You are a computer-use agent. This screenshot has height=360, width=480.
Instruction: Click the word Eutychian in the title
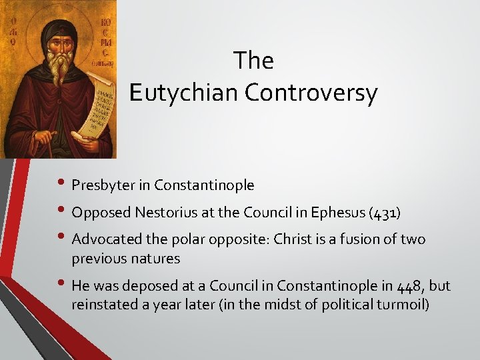click(x=184, y=93)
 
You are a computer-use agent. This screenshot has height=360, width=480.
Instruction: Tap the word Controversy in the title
click(x=311, y=93)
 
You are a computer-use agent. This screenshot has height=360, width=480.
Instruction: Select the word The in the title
click(x=253, y=61)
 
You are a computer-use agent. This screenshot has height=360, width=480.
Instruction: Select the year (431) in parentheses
click(x=387, y=213)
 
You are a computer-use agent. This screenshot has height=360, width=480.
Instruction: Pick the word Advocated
click(x=103, y=239)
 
